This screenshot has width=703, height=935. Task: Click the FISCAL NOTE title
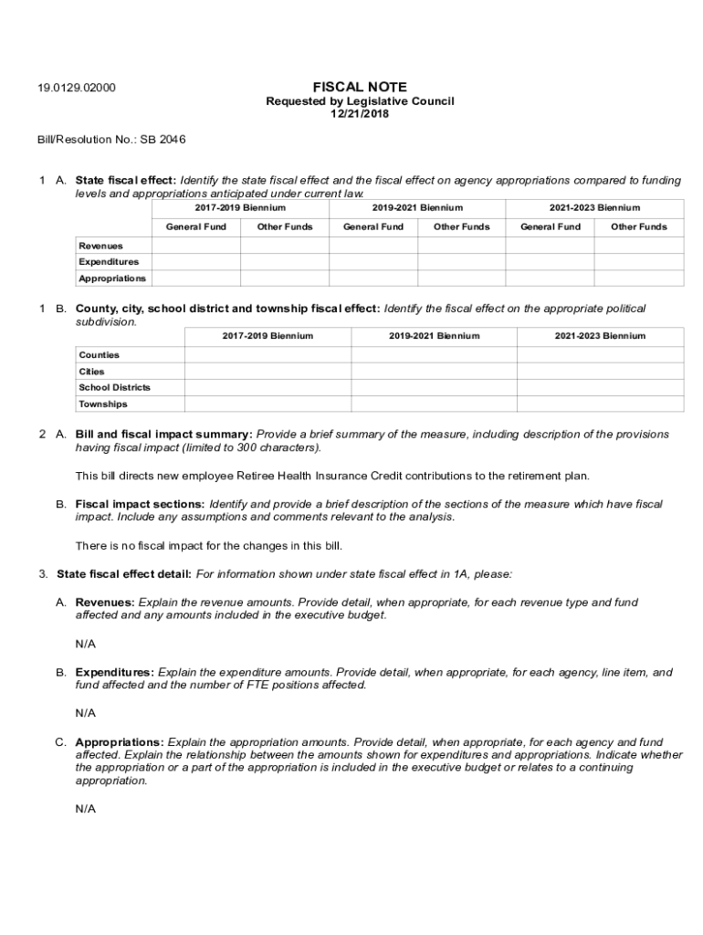tap(360, 87)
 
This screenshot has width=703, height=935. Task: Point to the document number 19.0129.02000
tap(77, 89)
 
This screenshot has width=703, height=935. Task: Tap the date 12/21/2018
tap(360, 114)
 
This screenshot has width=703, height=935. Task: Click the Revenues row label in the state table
tap(100, 246)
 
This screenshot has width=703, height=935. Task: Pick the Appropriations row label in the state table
tap(111, 278)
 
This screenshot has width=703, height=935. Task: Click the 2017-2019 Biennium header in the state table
tap(240, 208)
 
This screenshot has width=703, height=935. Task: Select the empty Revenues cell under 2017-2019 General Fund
tap(196, 246)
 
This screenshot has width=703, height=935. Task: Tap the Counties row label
tap(99, 354)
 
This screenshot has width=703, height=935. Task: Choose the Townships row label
tap(102, 404)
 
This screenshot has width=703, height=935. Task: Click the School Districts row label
tap(114, 387)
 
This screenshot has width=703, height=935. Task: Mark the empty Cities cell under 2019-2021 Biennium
tap(434, 372)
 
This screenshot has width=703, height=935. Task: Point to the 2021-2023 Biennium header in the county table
tap(600, 336)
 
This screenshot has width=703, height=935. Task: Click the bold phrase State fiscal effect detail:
tap(124, 574)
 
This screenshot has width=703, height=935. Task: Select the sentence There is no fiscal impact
tap(208, 546)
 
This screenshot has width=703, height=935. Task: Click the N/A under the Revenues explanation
tap(86, 644)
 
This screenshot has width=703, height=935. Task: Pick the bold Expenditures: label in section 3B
tap(114, 672)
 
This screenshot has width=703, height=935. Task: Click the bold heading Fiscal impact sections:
tap(140, 504)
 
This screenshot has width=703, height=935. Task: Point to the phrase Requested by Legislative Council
tap(360, 101)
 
